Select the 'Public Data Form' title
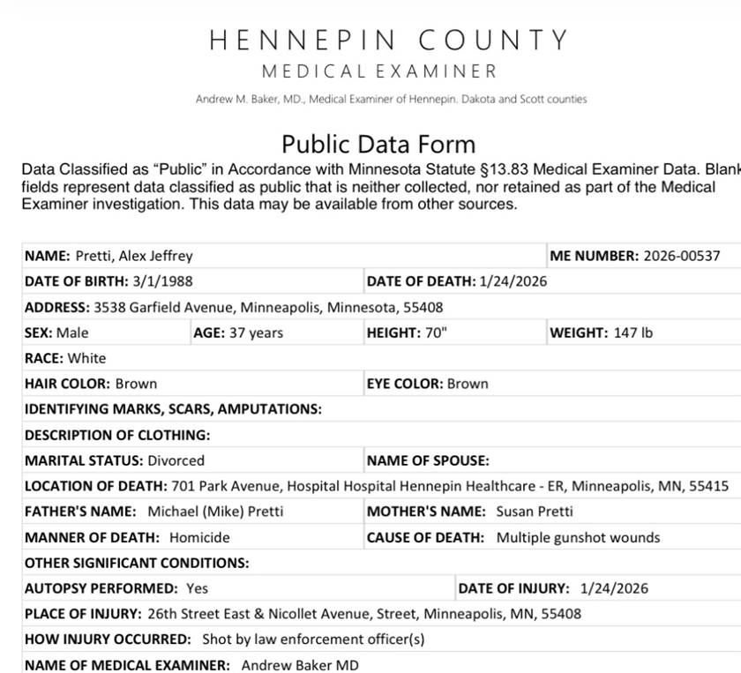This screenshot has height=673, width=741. coord(378,144)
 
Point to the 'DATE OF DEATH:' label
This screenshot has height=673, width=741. coord(420,281)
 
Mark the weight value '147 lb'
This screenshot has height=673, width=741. coord(633,333)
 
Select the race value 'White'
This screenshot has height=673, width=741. coord(86,358)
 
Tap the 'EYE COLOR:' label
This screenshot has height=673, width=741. coord(404,384)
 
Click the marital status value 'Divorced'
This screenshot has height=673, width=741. coord(176,460)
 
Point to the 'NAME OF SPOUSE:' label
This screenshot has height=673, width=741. coord(428,460)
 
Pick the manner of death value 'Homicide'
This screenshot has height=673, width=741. coord(199,537)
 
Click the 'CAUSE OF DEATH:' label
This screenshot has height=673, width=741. coord(425,537)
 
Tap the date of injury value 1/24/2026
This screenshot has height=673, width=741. coord(614,588)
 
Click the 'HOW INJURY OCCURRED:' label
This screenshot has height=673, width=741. coord(107,639)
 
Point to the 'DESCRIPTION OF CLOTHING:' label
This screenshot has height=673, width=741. coord(117,435)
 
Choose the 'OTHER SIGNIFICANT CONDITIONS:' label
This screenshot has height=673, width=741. coord(137,563)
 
